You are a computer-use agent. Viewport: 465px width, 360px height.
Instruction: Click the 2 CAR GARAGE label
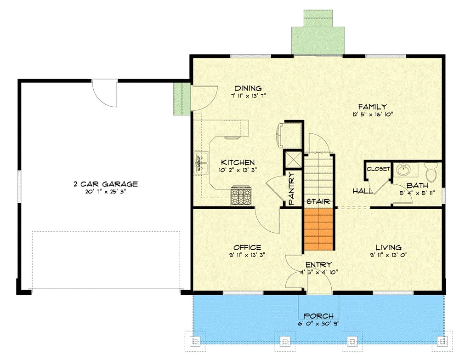coord(106,184)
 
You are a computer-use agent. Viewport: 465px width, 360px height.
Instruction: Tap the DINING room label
coord(248,88)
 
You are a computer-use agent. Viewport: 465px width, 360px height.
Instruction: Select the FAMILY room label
coord(372,107)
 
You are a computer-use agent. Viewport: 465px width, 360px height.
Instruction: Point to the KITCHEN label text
coord(238,162)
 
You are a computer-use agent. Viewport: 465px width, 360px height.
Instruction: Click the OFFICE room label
coord(247,247)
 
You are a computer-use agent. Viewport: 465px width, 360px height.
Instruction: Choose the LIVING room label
coord(388,247)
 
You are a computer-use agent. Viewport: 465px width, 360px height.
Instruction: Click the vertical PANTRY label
coord(291,189)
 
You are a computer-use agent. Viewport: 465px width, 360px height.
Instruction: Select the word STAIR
coord(318,201)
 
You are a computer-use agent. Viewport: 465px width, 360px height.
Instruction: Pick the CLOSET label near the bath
coord(378,169)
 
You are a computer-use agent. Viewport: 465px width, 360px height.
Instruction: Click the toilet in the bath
coord(431,173)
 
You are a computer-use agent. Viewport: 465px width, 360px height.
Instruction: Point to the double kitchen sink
coord(201,163)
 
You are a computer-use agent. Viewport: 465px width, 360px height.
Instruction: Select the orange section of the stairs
coord(318,230)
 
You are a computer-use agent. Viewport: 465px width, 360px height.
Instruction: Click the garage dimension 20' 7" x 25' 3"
coord(106,192)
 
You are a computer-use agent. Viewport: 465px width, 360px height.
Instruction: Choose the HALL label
coord(362,190)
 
